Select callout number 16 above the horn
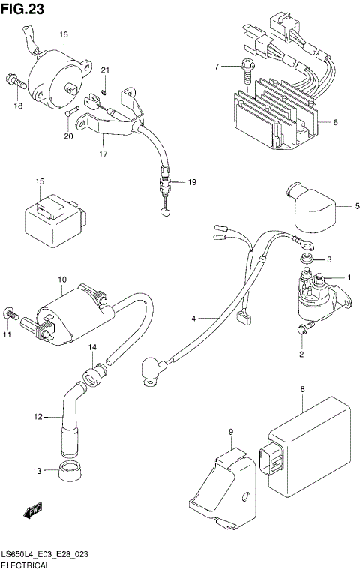(x=64, y=35)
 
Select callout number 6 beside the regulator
(x=335, y=122)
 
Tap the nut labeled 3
(x=307, y=259)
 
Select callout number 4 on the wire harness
(x=193, y=319)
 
